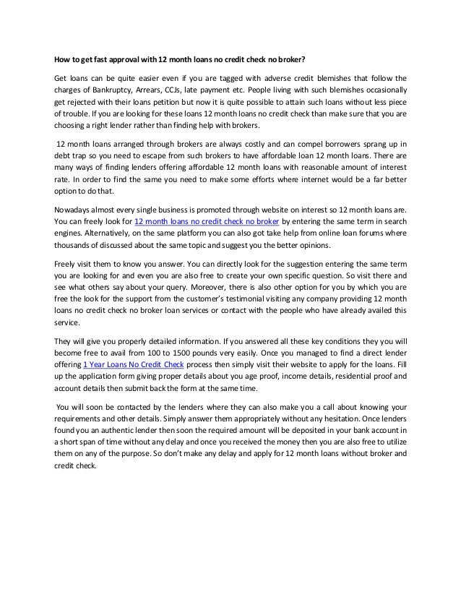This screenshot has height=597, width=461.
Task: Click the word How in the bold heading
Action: pos(63,59)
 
